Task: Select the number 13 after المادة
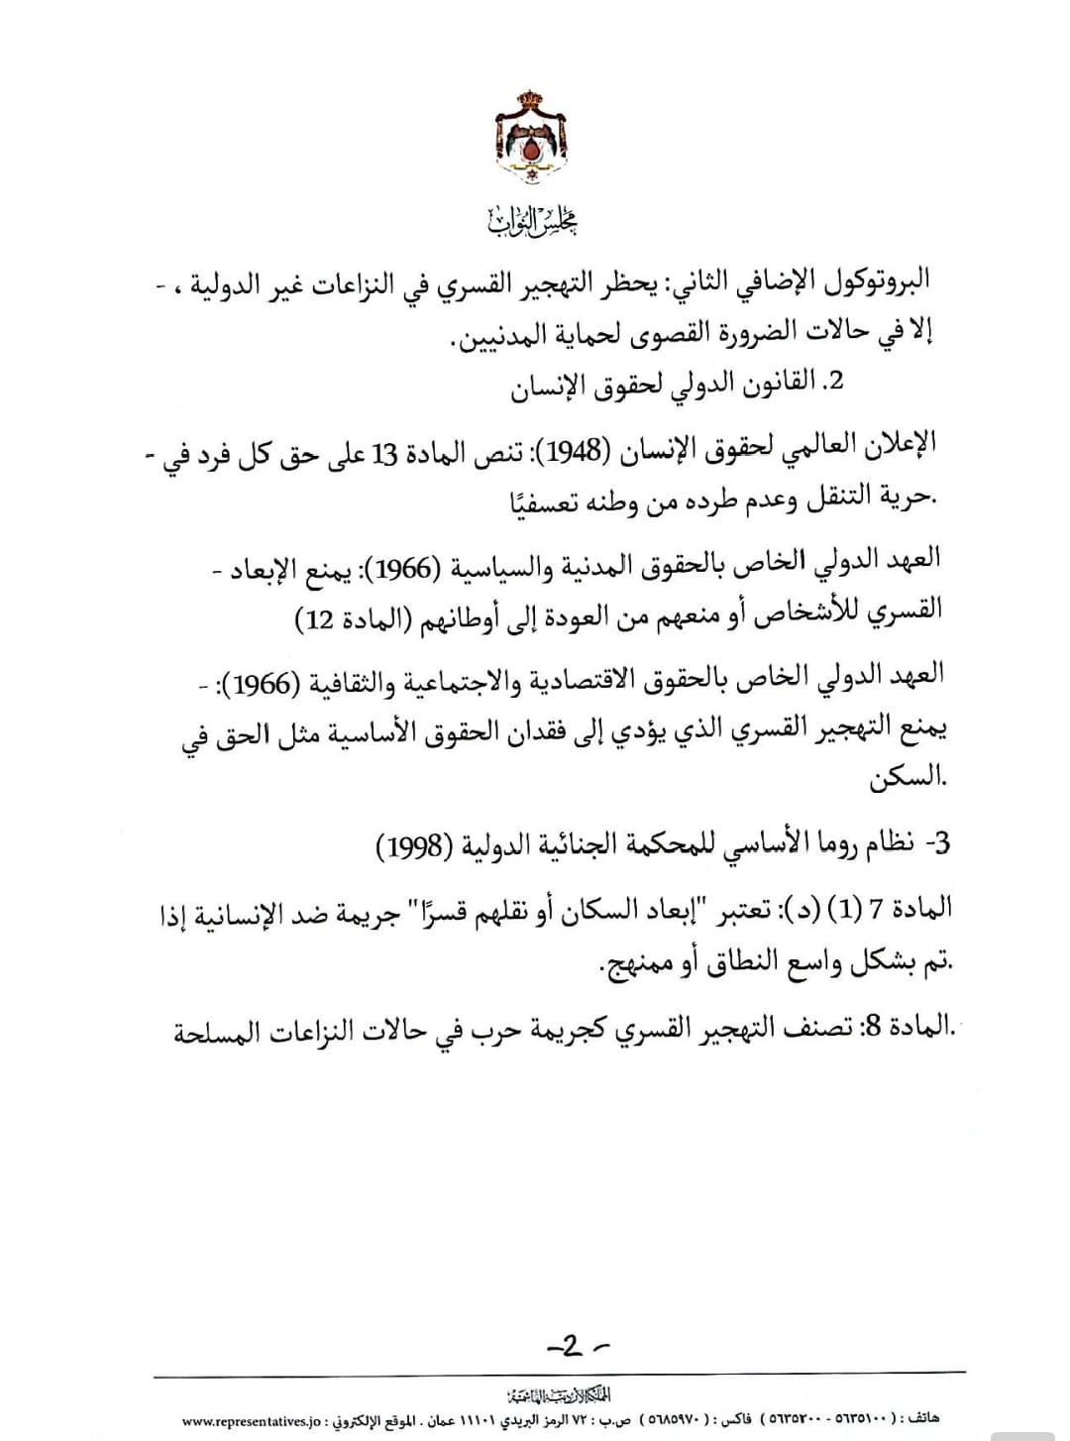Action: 383,453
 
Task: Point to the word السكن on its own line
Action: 904,778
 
